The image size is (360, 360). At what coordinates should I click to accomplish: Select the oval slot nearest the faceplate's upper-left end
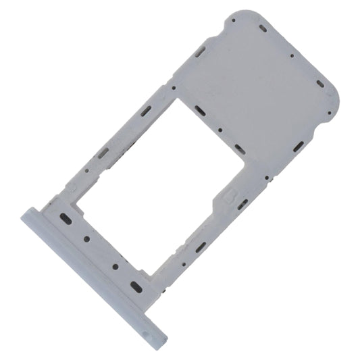tap(66, 218)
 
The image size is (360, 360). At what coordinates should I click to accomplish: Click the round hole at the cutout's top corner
tap(174, 87)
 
